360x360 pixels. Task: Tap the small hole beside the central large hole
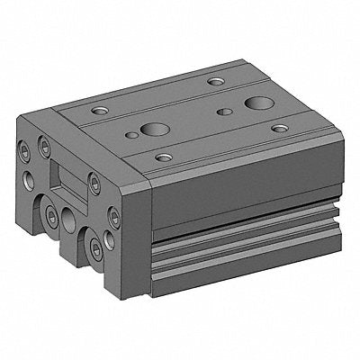click(x=132, y=136)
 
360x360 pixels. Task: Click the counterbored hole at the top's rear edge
click(x=216, y=82)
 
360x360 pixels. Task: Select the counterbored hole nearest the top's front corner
click(x=163, y=157)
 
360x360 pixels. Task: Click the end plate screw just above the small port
click(x=113, y=215)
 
